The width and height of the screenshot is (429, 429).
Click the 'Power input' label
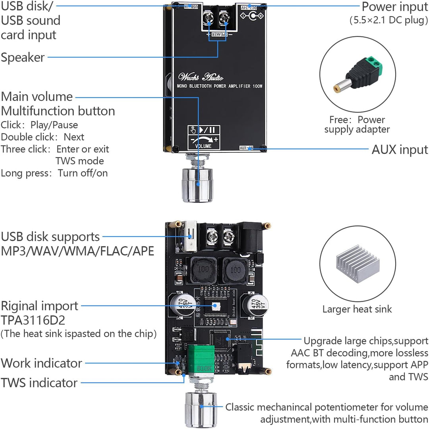tap(394, 7)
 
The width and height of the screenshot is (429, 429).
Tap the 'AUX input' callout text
tap(400, 150)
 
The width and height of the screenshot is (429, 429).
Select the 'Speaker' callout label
tap(23, 58)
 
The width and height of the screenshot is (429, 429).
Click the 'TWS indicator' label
tap(39, 383)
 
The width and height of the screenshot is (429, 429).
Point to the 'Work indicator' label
tap(41, 363)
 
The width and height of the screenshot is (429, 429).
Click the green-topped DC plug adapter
tap(357, 75)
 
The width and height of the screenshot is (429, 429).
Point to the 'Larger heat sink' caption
tap(357, 309)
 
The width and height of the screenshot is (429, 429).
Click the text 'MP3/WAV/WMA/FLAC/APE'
tap(77, 251)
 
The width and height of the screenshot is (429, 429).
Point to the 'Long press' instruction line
tap(54, 173)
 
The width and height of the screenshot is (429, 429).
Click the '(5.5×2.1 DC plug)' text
tap(388, 20)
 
